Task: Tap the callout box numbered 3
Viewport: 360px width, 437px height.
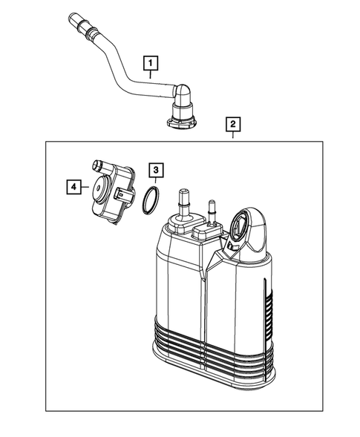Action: [x=154, y=171]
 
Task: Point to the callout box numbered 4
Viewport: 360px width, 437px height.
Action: [x=72, y=188]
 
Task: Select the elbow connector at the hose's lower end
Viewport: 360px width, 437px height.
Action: [x=180, y=95]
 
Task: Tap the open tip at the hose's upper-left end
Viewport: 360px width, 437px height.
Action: [x=73, y=16]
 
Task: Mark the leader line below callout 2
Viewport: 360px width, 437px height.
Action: [x=233, y=136]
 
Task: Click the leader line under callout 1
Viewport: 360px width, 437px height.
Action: [x=151, y=75]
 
